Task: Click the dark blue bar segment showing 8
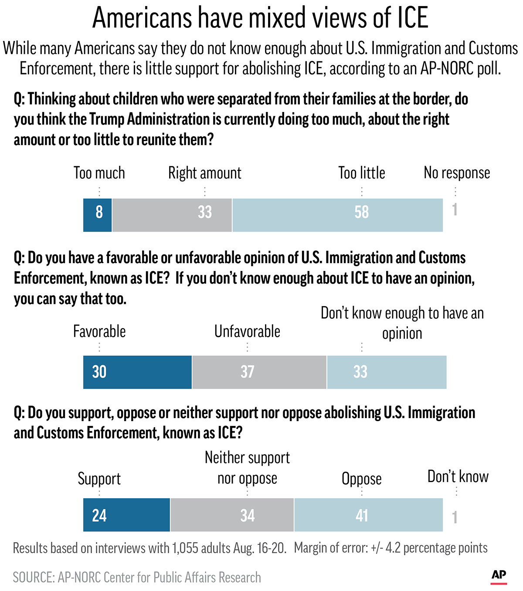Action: pos(98,215)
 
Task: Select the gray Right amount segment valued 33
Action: pos(172,215)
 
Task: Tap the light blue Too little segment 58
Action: pos(338,215)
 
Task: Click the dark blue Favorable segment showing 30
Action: pos(137,372)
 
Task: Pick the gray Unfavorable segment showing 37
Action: pos(259,372)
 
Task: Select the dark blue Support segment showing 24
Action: pos(126,515)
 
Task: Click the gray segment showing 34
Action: pos(232,515)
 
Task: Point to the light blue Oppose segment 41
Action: pos(369,515)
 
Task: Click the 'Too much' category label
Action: pos(99,173)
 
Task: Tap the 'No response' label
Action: pos(457,173)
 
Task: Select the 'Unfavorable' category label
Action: pos(247,331)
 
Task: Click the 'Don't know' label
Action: pos(458,476)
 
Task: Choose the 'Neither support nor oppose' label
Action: pos(247,468)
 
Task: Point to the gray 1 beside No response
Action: pos(455,210)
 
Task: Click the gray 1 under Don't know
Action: pos(455,517)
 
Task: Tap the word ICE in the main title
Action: pos(412,18)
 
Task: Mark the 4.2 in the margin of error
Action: pos(393,548)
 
